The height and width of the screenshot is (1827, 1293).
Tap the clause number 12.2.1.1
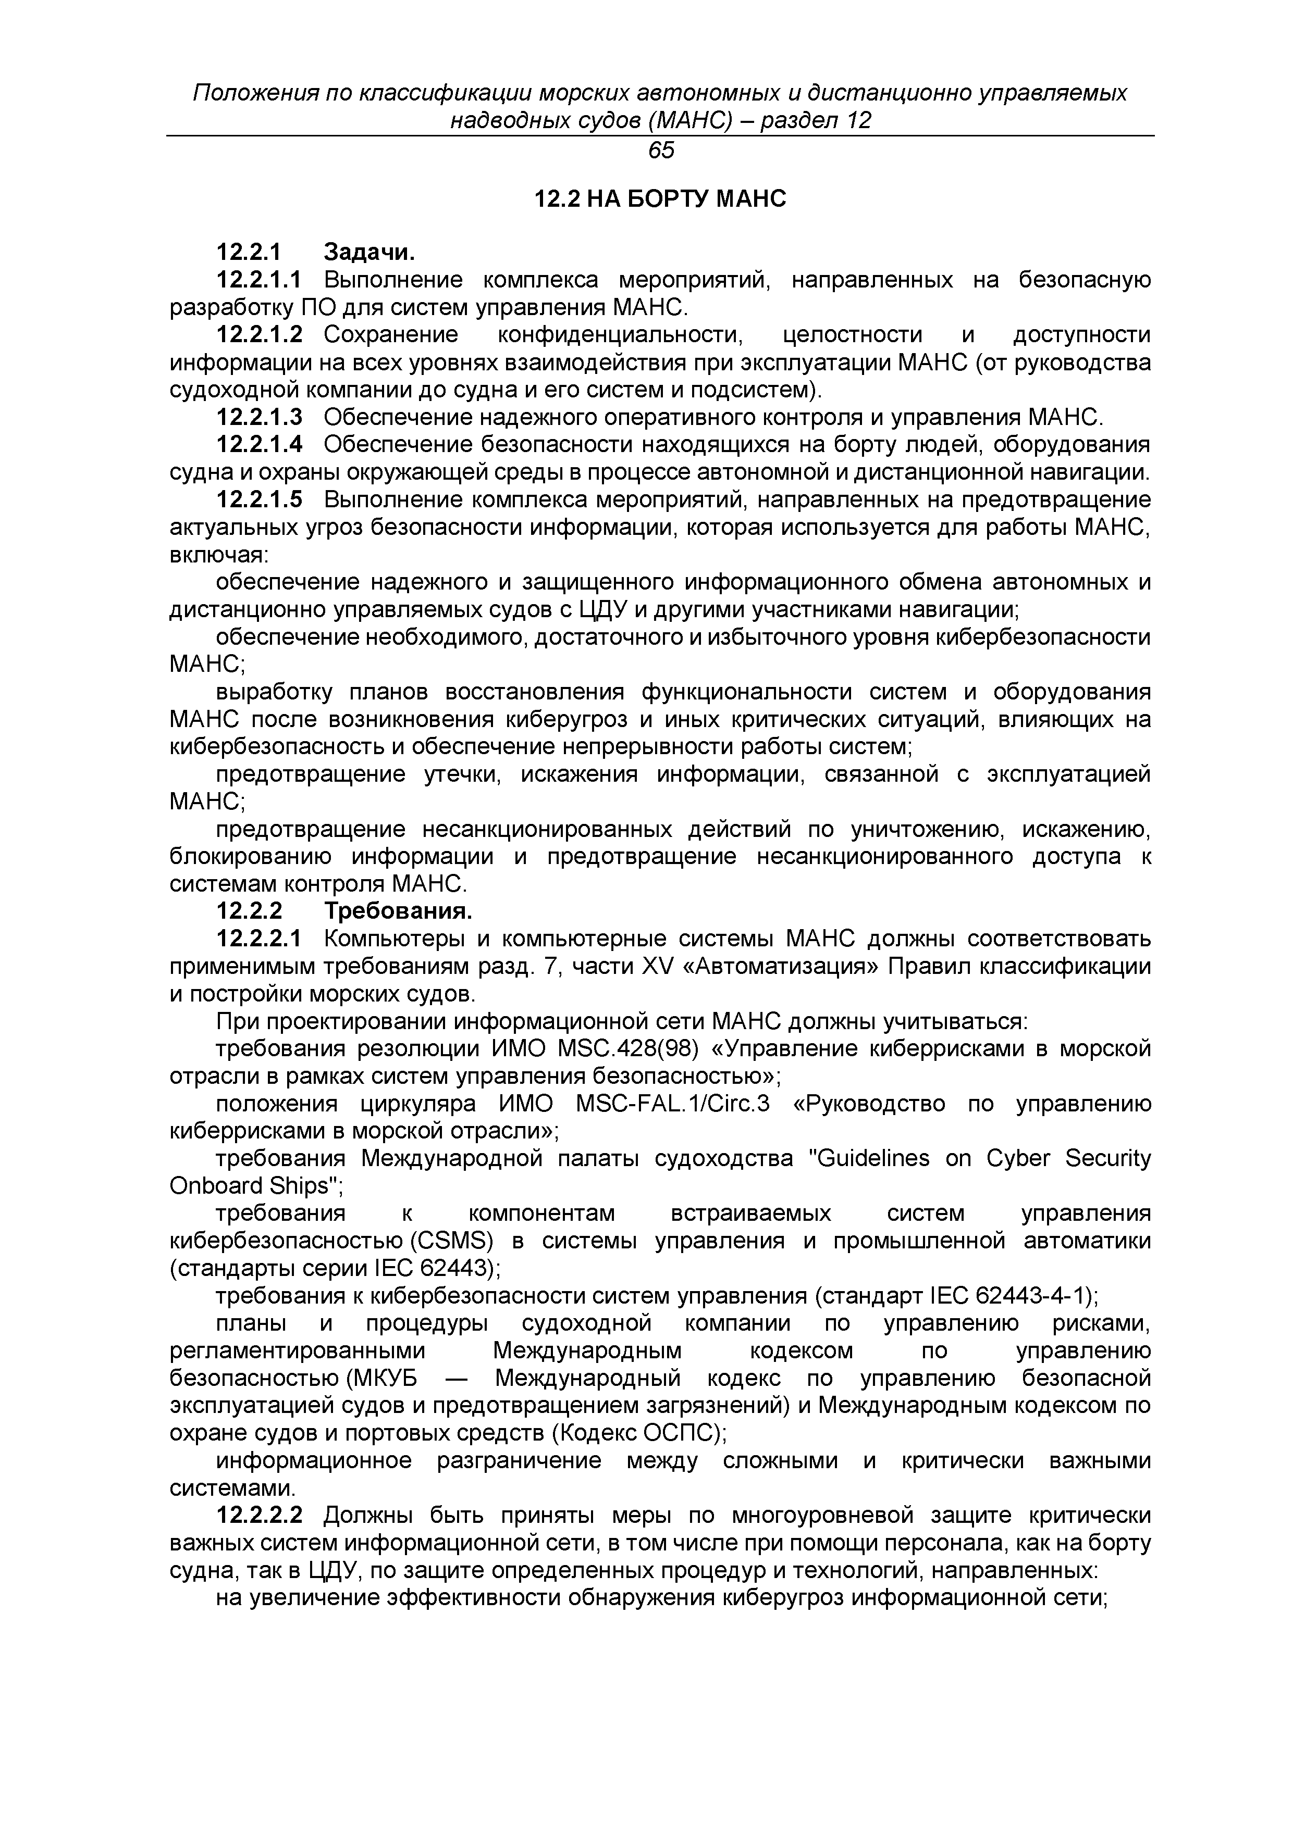click(260, 280)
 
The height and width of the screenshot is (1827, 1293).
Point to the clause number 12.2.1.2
click(260, 335)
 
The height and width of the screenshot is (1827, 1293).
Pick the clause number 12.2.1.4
click(260, 444)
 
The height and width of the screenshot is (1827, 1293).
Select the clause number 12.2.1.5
click(260, 500)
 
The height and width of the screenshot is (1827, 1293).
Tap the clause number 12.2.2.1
click(260, 939)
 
